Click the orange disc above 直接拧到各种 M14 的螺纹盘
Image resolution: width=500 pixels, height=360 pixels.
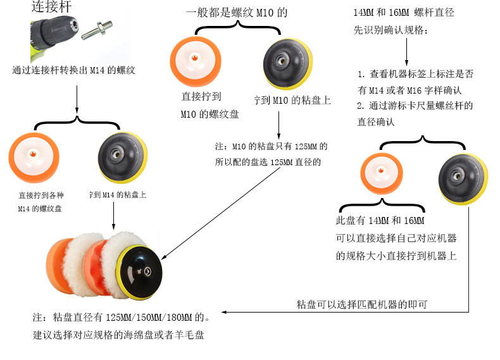click(34, 154)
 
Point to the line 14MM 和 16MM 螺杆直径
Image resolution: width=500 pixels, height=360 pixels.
click(404, 13)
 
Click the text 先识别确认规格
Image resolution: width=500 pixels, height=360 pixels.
click(390, 30)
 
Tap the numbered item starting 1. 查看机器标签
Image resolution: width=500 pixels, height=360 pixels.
click(415, 82)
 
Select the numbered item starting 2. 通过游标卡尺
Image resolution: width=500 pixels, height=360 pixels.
click(415, 113)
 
